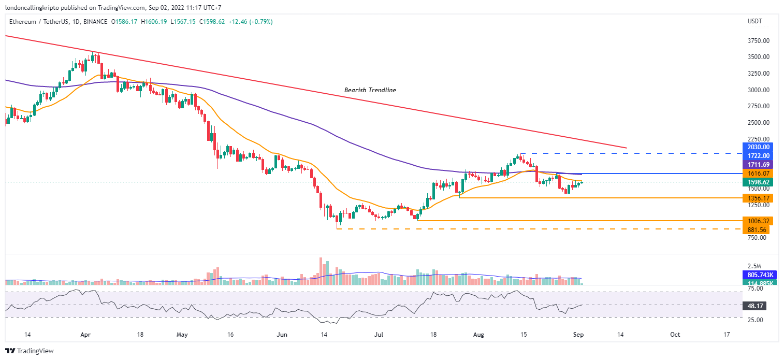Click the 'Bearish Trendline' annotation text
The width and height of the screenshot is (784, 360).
[x=370, y=90]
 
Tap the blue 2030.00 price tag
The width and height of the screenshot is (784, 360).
[x=757, y=147]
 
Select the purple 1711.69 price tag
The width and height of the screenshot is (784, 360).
[x=757, y=164]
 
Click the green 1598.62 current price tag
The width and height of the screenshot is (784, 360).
[x=757, y=182]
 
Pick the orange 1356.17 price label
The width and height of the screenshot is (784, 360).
[x=757, y=198]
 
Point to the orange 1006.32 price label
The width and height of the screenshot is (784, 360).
[x=757, y=221]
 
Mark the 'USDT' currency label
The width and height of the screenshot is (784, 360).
[x=755, y=22]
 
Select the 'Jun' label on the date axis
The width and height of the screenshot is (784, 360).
[x=283, y=335]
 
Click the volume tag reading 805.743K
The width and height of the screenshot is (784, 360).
[x=757, y=275]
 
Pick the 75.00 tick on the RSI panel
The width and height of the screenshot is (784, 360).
[x=754, y=289]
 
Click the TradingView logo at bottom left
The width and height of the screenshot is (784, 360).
[x=30, y=351]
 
